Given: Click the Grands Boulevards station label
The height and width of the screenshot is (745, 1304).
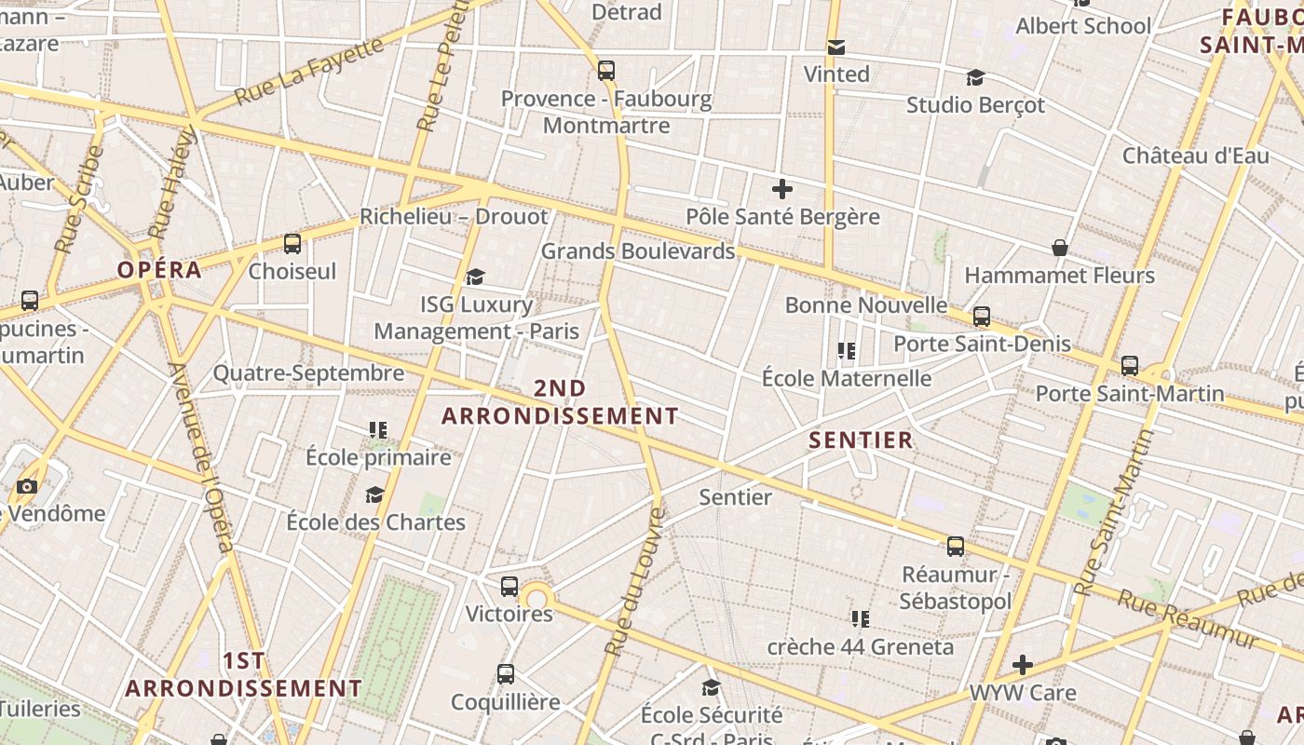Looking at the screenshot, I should (x=637, y=251).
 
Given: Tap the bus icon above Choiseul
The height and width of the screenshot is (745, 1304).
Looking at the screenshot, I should (x=292, y=244).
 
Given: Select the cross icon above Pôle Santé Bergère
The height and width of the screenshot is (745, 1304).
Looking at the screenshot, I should (x=782, y=190).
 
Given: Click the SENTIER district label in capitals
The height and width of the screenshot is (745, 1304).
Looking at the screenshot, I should (x=861, y=440).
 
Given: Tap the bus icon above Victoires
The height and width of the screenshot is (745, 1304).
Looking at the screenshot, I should (x=509, y=587).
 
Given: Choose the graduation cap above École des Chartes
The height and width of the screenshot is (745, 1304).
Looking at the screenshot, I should (x=375, y=494).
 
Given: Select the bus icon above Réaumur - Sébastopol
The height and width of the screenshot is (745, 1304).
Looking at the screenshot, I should (x=956, y=547).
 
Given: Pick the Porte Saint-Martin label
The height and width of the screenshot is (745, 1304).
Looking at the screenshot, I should (x=1130, y=394).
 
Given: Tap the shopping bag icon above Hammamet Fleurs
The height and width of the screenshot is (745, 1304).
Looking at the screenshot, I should (x=1060, y=248).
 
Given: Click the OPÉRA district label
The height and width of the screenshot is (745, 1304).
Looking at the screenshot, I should (x=159, y=270).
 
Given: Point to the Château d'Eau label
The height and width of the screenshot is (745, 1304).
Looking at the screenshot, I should (x=1195, y=156).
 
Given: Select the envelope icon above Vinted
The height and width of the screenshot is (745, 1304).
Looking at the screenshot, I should (x=836, y=47).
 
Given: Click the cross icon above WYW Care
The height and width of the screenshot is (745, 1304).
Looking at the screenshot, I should (x=1023, y=665).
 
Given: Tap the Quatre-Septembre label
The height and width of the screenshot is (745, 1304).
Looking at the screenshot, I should (x=308, y=373).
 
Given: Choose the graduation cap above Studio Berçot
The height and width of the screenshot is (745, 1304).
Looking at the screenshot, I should (x=975, y=77).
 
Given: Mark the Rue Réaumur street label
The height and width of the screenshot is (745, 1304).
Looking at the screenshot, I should (x=1188, y=618).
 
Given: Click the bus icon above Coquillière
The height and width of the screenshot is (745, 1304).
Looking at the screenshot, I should (x=506, y=674).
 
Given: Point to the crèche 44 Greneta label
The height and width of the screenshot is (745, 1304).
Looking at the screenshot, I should (x=860, y=646).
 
